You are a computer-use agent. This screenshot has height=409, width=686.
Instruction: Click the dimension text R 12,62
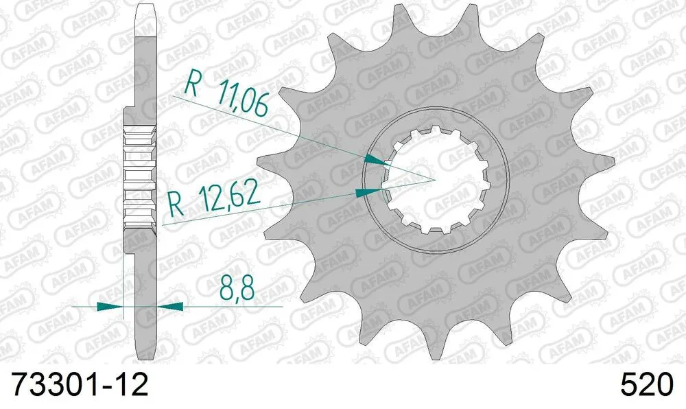(x=214, y=198)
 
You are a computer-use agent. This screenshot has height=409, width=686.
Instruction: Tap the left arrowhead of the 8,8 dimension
(x=110, y=305)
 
